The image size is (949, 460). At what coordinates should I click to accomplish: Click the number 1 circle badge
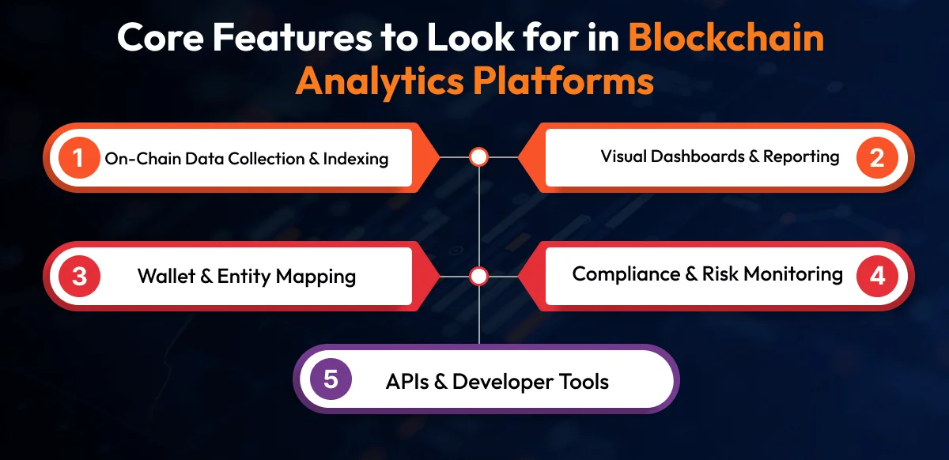(78, 158)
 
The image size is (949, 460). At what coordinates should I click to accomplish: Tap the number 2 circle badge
(876, 157)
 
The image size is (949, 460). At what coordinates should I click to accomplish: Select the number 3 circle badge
(78, 277)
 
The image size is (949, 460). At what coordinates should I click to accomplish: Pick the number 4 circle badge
(876, 276)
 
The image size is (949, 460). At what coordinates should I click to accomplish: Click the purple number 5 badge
(331, 379)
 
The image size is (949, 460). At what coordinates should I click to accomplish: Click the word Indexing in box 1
(357, 159)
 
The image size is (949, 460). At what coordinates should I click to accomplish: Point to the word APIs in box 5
(406, 382)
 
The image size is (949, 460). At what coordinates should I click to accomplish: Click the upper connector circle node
(478, 157)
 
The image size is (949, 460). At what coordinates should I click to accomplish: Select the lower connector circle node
(478, 277)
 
